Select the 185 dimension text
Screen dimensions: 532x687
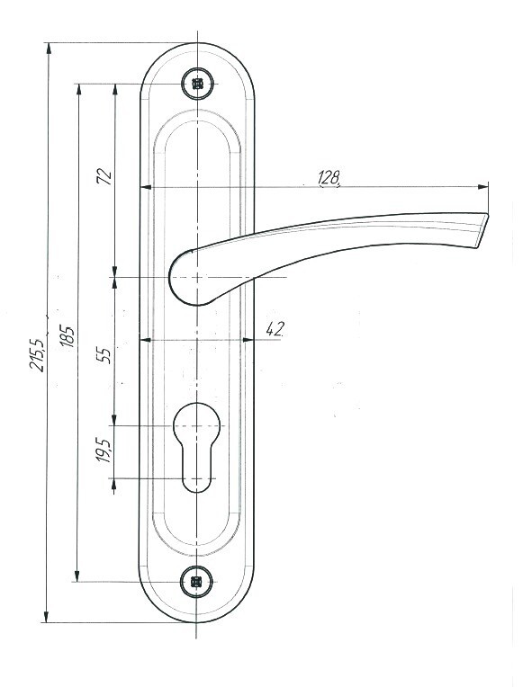pyautogui.click(x=67, y=336)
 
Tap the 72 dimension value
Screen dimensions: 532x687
pyautogui.click(x=104, y=176)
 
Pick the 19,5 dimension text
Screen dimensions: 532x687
pyautogui.click(x=104, y=450)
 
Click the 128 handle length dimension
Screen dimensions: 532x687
pyautogui.click(x=329, y=178)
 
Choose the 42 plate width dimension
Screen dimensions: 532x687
pyautogui.click(x=275, y=329)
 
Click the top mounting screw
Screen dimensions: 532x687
pyautogui.click(x=198, y=84)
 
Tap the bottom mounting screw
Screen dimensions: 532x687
pyautogui.click(x=196, y=582)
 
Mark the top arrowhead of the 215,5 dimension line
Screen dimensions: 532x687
pyautogui.click(x=49, y=49)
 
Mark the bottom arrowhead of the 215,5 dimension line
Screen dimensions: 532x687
pyautogui.click(x=46, y=617)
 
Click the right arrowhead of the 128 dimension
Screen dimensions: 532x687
pyautogui.click(x=482, y=187)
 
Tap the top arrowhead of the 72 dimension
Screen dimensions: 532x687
pyautogui.click(x=115, y=90)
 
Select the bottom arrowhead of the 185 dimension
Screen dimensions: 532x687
pyautogui.click(x=77, y=575)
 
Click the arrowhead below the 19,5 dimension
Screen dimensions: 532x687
pyautogui.click(x=114, y=485)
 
